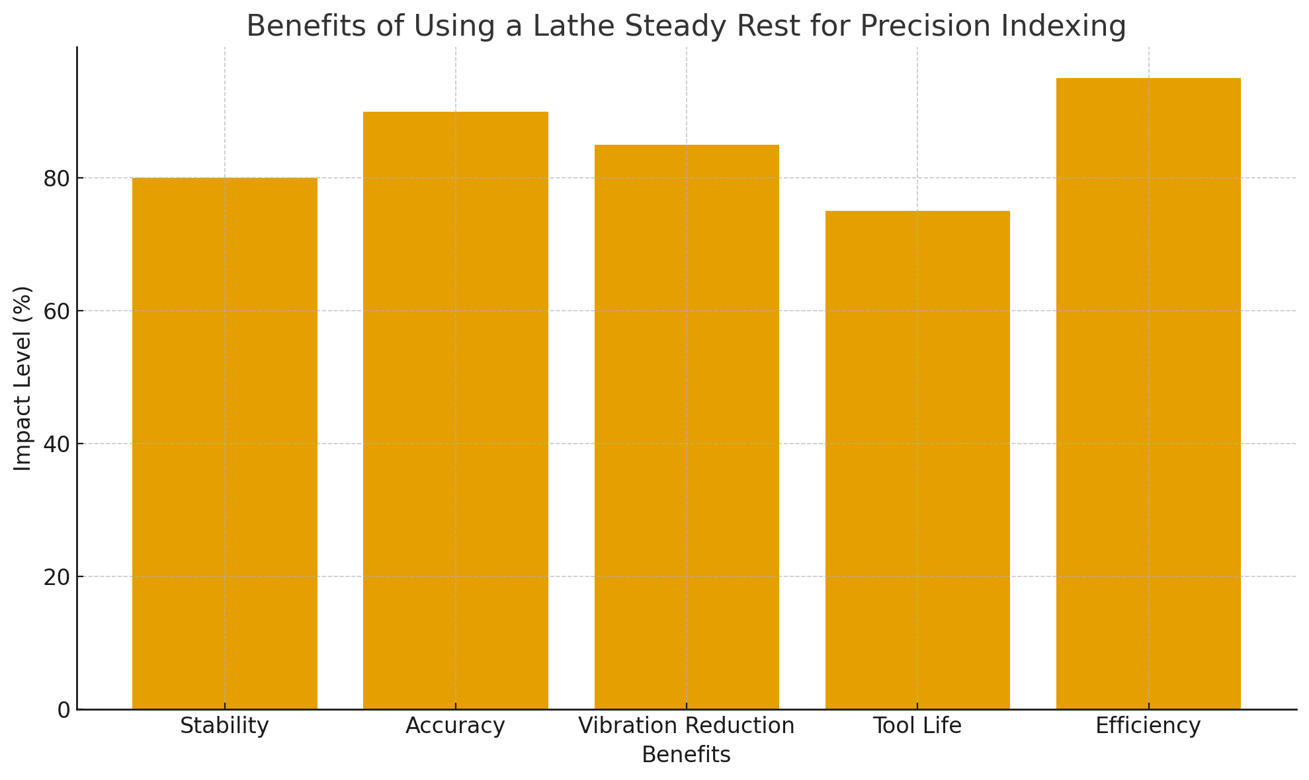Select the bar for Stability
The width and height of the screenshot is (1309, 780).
(224, 443)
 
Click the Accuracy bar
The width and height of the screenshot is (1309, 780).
(455, 410)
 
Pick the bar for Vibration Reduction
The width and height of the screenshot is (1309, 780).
(687, 426)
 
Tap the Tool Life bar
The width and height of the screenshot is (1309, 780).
(917, 459)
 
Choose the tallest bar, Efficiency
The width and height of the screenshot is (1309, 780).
(1148, 393)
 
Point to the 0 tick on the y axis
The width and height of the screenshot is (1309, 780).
(63, 710)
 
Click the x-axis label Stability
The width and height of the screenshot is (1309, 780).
(224, 726)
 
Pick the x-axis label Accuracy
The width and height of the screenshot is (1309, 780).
(455, 726)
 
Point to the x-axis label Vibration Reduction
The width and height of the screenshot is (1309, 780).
(687, 726)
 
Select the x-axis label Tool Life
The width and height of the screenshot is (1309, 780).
(917, 726)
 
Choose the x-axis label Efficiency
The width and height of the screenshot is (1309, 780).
(1148, 726)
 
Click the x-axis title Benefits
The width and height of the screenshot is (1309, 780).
(687, 755)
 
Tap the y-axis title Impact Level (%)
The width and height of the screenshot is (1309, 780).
(23, 378)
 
